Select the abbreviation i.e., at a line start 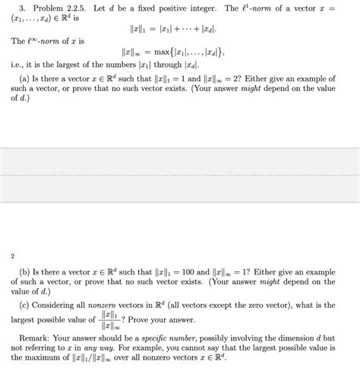18,66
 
